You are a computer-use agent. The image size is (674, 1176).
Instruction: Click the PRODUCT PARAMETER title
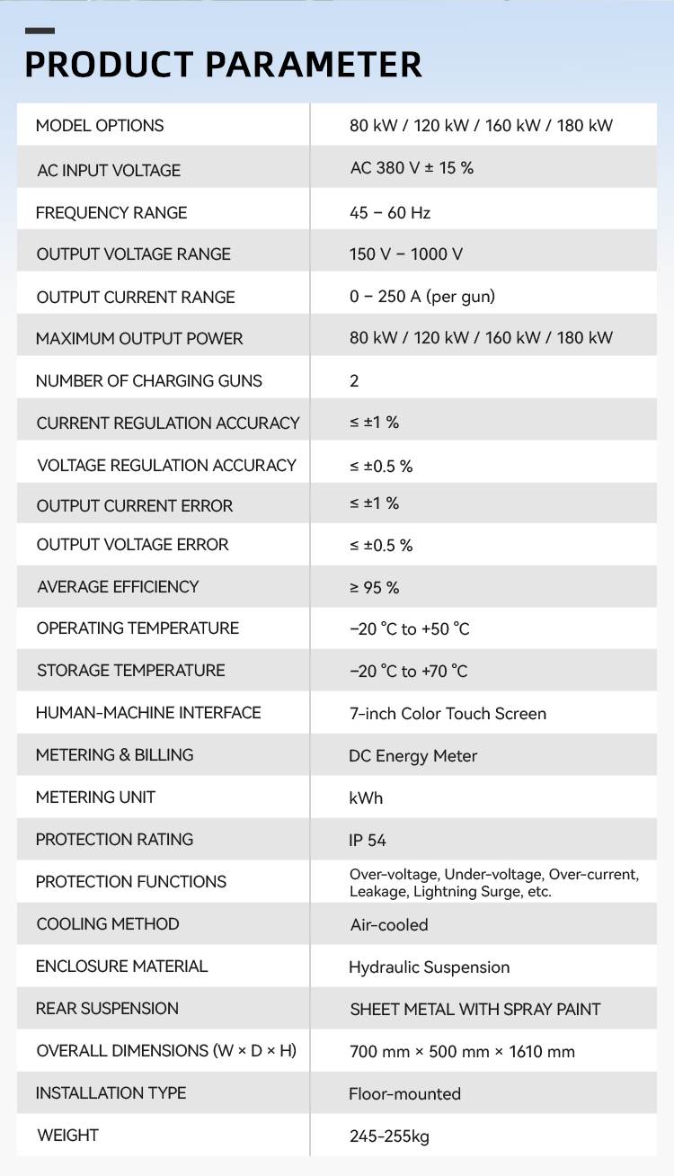tap(223, 65)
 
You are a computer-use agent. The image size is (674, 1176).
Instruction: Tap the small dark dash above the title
tap(40, 31)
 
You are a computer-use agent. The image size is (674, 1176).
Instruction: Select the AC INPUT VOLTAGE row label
tap(109, 170)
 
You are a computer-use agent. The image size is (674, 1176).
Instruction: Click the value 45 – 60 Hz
tap(390, 213)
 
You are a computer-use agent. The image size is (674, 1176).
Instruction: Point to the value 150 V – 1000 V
tap(406, 254)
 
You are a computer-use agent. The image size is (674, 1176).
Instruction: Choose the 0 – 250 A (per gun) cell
tap(422, 297)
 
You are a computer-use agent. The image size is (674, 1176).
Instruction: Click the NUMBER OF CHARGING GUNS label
tap(149, 381)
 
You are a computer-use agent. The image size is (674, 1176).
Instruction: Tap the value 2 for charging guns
tap(354, 381)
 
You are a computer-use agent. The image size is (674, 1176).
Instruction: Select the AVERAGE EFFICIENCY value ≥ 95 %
tap(375, 588)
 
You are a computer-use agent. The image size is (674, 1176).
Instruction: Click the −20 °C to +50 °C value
tap(410, 629)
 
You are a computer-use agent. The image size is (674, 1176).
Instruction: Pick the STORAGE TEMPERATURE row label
tap(131, 671)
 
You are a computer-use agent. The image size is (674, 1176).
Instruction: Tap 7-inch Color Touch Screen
tap(448, 714)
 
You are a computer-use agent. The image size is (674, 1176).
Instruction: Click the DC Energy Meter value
tap(413, 756)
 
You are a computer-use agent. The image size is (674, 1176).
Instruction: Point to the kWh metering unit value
tap(366, 798)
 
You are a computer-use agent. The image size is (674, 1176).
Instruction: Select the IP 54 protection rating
tap(368, 841)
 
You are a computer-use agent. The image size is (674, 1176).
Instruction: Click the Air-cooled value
tap(389, 925)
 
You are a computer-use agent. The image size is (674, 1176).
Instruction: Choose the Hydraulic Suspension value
tap(430, 967)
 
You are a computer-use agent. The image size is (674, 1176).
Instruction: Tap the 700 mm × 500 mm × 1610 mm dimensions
tap(462, 1052)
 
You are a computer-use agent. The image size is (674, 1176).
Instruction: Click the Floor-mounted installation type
tap(405, 1094)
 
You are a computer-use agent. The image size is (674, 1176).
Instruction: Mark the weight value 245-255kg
tap(389, 1136)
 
